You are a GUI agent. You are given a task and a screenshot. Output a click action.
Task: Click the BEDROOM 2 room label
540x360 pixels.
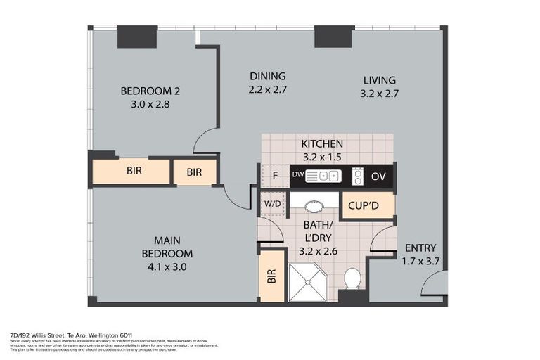[150, 91]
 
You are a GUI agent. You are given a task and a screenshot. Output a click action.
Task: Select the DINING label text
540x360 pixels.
[267, 77]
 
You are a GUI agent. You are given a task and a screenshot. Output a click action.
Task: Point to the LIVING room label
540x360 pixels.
[379, 80]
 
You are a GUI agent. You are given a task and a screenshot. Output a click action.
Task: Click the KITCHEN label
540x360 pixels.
[323, 143]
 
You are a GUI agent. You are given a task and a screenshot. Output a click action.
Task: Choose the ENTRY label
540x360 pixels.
[420, 248]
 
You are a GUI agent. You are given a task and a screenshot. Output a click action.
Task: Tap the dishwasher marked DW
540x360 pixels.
[297, 175]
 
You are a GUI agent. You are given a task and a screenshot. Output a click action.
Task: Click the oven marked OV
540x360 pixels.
[378, 176]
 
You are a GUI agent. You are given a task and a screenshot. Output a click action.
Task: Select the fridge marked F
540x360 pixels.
[276, 176]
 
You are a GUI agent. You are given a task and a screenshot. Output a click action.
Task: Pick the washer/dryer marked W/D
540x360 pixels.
[272, 205]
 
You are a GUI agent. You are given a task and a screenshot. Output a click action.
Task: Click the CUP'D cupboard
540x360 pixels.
[366, 205]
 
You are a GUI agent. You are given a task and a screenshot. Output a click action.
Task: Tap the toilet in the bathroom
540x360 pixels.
[352, 278]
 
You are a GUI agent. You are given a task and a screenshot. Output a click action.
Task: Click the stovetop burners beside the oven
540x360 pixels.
[357, 176]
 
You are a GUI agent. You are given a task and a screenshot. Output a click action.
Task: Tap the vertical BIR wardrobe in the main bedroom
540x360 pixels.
[271, 276]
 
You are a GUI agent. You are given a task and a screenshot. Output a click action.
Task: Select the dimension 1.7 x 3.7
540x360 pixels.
[420, 261]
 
